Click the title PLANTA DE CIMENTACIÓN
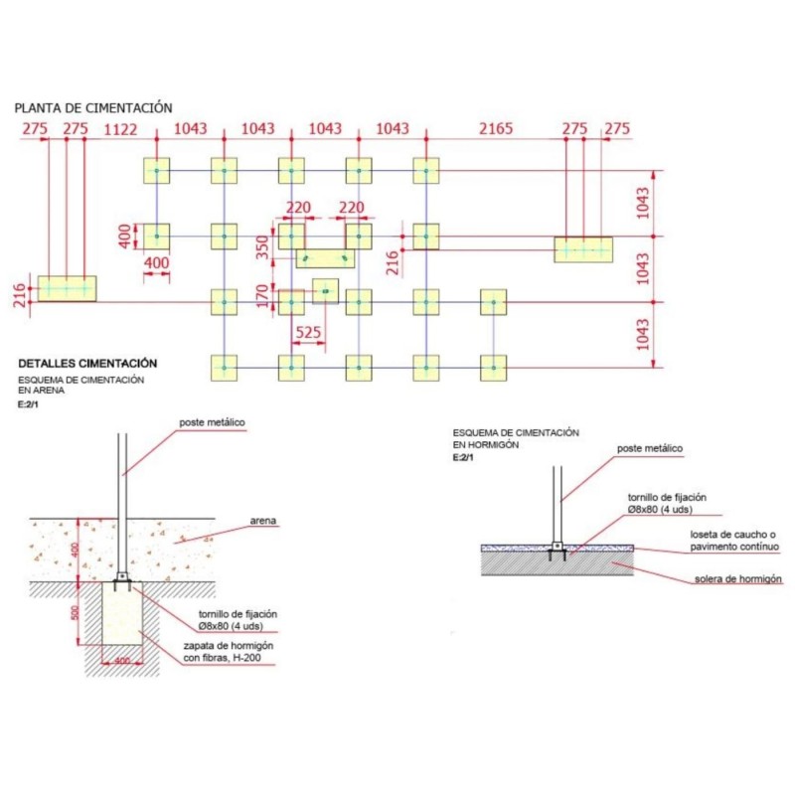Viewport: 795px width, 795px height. [x=93, y=107]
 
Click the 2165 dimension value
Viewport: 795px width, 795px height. [x=496, y=129]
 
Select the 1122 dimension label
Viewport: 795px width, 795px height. [x=120, y=129]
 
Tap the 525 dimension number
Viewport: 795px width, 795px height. [x=309, y=333]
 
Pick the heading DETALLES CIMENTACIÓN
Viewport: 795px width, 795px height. [x=87, y=365]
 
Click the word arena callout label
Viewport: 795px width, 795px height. [x=263, y=521]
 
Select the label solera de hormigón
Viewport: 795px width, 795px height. [x=736, y=578]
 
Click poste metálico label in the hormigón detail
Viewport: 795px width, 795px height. [x=650, y=449]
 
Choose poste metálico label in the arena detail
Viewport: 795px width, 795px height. [x=212, y=422]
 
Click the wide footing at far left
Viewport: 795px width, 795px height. [x=67, y=288]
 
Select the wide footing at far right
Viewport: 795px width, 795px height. [x=583, y=249]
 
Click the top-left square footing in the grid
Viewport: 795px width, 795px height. [x=157, y=171]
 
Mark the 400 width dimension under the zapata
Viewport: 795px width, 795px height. [x=121, y=661]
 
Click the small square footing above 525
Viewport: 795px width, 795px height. [x=325, y=291]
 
